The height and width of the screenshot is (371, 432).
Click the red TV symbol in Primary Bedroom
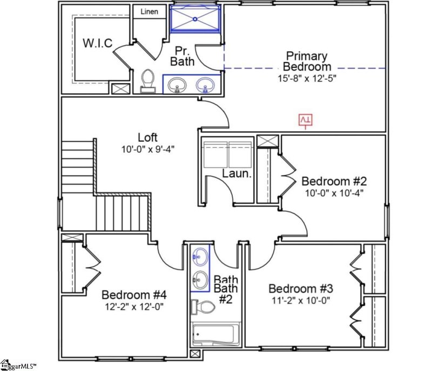[x=306, y=120]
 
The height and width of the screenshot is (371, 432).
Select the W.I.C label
[x=97, y=44]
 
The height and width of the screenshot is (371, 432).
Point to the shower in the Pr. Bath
[x=195, y=19]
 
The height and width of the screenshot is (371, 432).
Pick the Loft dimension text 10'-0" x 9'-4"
[x=147, y=148]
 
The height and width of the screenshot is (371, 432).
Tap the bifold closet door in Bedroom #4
[x=91, y=265]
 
